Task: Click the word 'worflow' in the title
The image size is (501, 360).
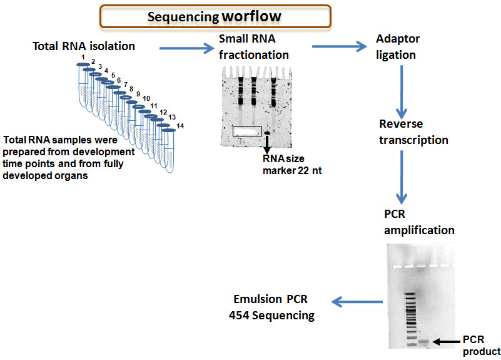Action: (x=251, y=16)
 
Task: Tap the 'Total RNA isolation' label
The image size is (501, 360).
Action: (x=84, y=46)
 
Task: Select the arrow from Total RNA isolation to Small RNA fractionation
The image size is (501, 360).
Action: (x=187, y=48)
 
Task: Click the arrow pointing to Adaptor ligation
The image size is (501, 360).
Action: (x=340, y=46)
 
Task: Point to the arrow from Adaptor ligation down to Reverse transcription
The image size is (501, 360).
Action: (x=402, y=93)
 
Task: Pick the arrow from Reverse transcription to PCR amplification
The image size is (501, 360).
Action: (x=402, y=177)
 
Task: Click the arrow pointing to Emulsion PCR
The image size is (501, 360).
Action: (x=357, y=302)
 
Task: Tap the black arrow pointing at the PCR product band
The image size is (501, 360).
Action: (x=447, y=342)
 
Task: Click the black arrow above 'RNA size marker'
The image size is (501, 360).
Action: (x=267, y=144)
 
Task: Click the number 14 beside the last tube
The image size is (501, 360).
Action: (x=180, y=126)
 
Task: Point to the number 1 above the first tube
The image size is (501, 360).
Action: (x=83, y=57)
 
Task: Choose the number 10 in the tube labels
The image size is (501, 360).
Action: (x=146, y=98)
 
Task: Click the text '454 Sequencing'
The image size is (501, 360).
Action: (x=272, y=316)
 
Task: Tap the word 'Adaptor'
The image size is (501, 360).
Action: (x=398, y=39)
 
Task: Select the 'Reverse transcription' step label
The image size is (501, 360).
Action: (x=413, y=132)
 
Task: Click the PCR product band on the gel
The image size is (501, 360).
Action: (x=423, y=341)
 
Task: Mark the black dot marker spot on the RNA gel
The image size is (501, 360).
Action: (x=267, y=133)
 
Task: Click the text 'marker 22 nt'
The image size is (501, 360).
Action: (x=292, y=171)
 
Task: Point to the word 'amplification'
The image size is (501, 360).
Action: (x=419, y=230)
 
